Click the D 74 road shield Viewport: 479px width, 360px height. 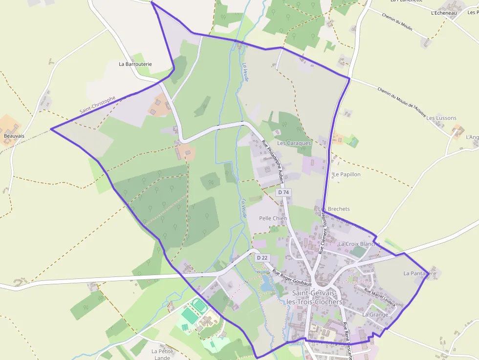click(283, 192)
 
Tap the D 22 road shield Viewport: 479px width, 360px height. click(262, 258)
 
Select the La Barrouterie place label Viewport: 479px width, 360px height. click(135, 64)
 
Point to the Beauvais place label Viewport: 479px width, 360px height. click(14, 136)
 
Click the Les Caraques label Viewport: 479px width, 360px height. click(294, 144)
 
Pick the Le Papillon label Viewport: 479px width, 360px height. click(347, 174)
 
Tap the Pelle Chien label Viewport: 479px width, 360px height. click(273, 218)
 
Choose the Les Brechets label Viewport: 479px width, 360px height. click(334, 209)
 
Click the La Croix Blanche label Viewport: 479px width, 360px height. click(359, 244)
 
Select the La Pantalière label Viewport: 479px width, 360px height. click(419, 274)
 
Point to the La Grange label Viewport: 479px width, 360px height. click(375, 315)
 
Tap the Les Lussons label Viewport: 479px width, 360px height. click(441, 118)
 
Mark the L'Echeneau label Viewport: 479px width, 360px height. click(444, 13)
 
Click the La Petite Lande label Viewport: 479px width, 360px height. click(162, 354)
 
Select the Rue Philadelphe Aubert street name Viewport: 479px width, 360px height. click(272, 161)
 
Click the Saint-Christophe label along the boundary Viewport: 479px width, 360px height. click(98, 106)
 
